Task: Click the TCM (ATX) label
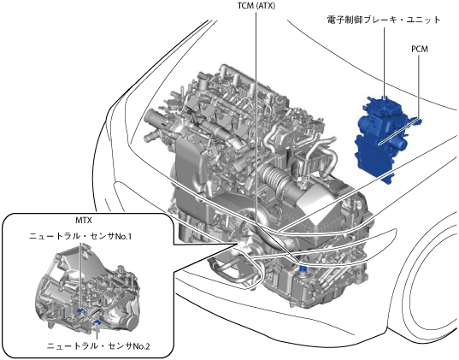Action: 256,6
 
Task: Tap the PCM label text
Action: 420,50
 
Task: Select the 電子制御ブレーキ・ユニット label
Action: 384,20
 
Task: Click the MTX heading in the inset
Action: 84,221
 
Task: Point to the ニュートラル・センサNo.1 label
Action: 80,236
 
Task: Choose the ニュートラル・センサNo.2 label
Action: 98,346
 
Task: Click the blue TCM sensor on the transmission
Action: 303,268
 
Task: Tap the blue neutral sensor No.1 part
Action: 80,310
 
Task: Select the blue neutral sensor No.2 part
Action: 97,322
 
